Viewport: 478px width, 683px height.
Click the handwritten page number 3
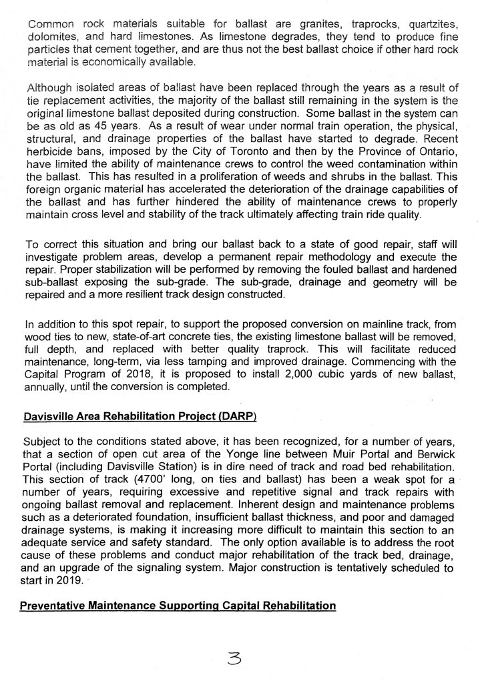click(237, 658)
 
